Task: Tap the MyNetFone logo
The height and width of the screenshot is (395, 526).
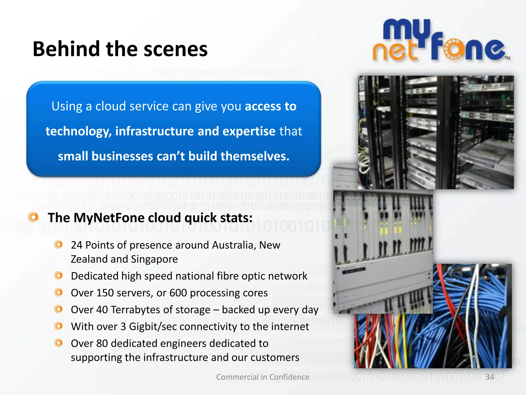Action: tap(441, 41)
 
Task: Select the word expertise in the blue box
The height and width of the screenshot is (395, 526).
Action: tap(249, 131)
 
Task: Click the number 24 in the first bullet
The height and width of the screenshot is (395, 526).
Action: tap(77, 245)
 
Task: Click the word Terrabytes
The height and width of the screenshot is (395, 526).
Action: tap(135, 310)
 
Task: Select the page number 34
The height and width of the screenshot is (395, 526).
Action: tap(490, 377)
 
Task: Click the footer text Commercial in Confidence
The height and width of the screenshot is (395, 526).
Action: tap(263, 377)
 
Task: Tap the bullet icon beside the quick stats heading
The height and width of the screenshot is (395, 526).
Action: tap(33, 217)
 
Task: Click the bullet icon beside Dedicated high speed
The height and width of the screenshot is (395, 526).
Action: tap(59, 276)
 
